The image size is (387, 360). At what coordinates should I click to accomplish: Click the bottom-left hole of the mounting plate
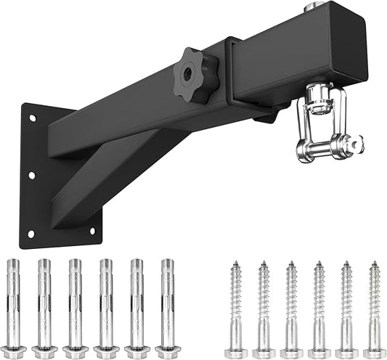click(x=30, y=233)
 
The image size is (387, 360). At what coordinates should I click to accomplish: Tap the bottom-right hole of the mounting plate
click(x=92, y=232)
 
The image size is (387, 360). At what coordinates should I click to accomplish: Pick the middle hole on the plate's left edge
click(x=31, y=176)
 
